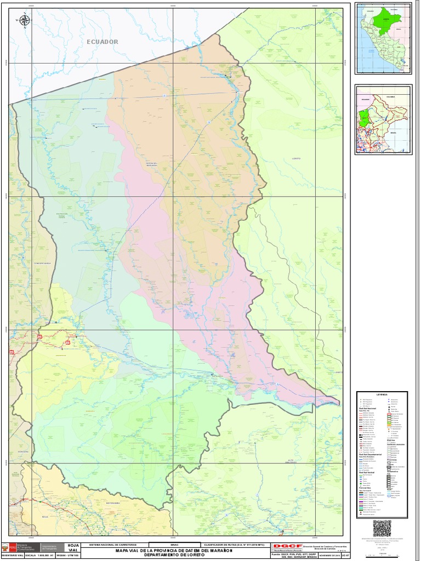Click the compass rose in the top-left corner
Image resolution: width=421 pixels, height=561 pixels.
pos(25,21)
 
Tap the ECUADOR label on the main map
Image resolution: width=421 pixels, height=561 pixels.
pos(102,42)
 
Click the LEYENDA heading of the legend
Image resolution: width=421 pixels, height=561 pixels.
pos(382,394)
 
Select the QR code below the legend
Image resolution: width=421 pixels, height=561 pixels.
pos(382,528)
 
